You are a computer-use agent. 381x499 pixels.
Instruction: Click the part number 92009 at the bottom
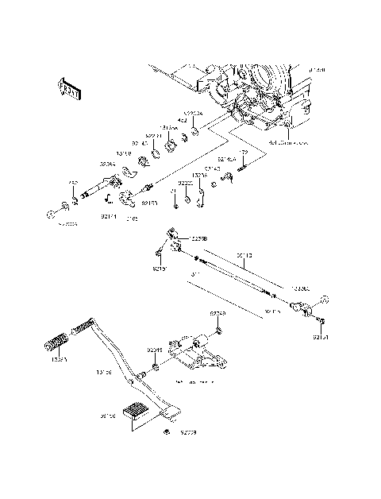(x=187, y=433)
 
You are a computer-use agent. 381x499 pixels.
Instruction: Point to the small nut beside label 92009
(x=166, y=431)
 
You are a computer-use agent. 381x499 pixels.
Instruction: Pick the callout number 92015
(x=154, y=350)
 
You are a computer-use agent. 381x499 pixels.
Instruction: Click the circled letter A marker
(x=323, y=300)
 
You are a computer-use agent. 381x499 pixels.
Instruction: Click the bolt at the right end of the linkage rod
(x=322, y=320)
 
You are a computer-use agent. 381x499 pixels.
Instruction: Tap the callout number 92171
(x=109, y=215)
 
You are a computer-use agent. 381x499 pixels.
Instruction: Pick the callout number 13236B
(x=198, y=238)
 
